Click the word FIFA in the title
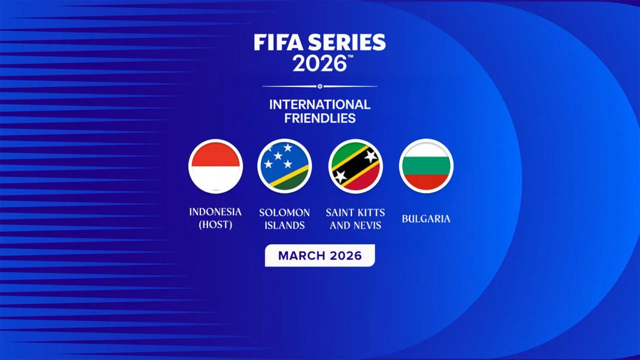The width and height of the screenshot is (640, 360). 275,43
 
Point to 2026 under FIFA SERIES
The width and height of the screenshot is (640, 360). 319,64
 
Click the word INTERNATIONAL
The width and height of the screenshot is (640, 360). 319,104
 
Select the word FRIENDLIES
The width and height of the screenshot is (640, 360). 319,118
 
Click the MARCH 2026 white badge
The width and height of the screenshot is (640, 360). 319,255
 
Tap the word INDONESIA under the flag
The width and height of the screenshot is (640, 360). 215,212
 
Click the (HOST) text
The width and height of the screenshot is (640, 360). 215,225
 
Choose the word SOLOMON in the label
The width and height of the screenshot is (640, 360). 284,212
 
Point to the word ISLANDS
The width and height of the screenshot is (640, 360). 284,225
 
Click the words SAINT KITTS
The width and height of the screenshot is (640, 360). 355,212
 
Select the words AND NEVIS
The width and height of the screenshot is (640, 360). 355,225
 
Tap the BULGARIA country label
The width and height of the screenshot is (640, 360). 426,218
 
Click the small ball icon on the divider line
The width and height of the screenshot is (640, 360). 320,86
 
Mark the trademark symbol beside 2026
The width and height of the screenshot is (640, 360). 350,57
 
